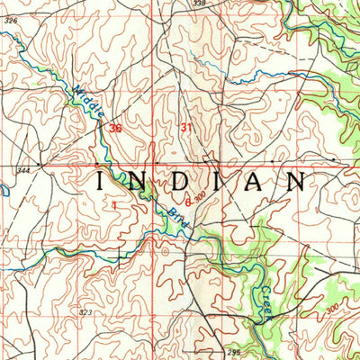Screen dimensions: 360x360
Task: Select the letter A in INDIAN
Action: tap(260, 181)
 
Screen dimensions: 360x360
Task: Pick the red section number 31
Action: tap(186, 128)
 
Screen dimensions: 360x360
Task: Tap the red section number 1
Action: tap(115, 205)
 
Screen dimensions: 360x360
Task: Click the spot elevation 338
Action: tap(199, 4)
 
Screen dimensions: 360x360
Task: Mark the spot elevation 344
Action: tap(22, 169)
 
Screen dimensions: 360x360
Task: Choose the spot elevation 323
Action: tap(85, 311)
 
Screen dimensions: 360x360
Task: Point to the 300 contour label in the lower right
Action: tap(332, 308)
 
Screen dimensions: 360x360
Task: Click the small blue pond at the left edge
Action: tap(3, 192)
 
